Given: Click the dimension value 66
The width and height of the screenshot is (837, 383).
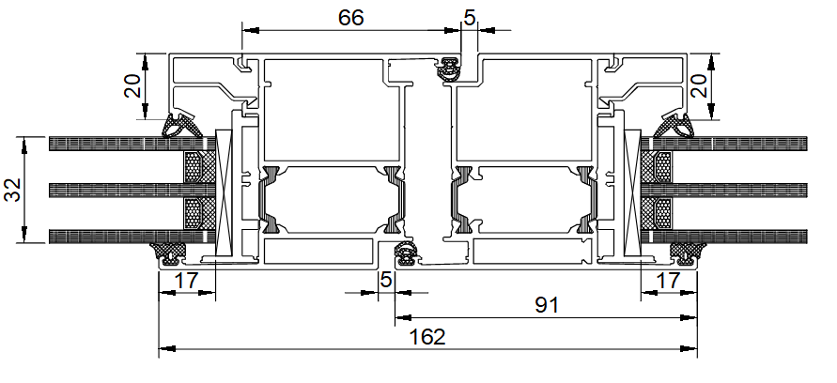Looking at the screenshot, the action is (350, 18).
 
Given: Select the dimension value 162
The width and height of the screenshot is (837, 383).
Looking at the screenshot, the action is (427, 337).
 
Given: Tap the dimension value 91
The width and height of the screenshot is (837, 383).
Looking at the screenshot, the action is (547, 305).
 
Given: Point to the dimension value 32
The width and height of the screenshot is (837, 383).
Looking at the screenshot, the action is (13, 190).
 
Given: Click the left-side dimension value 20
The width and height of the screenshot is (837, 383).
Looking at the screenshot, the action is (132, 85).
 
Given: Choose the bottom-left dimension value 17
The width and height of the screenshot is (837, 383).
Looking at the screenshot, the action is (186, 280).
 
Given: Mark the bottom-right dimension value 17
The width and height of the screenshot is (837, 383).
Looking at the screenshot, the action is (668, 280).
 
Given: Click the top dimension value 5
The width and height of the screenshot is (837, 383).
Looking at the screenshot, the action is (469, 18).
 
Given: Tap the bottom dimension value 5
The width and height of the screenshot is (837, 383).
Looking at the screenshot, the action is (385, 280).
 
